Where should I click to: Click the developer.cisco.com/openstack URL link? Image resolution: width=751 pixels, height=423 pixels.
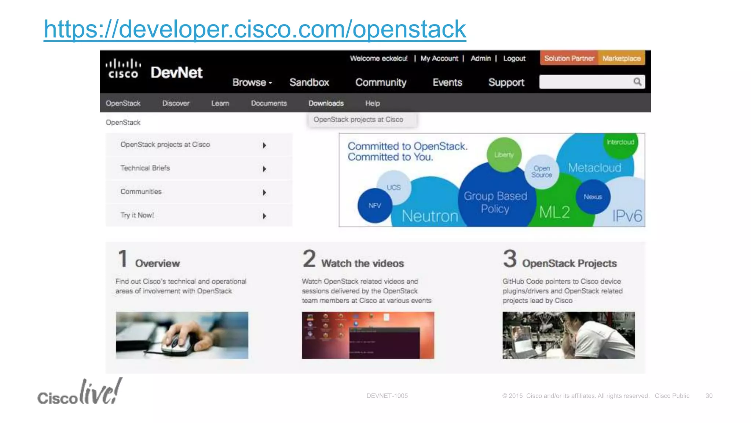tap(254, 29)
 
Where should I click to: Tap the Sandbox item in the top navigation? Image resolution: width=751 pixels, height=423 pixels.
tap(309, 82)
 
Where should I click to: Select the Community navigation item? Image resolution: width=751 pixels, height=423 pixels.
tap(381, 82)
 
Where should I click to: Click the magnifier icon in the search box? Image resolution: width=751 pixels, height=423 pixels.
tap(637, 82)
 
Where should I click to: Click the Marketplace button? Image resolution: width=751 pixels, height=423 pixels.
tap(621, 58)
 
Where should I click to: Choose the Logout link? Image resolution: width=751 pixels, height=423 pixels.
tap(514, 58)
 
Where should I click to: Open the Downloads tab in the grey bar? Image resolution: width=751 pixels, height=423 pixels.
tap(326, 103)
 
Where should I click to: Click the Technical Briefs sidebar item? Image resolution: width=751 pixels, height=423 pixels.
tap(145, 168)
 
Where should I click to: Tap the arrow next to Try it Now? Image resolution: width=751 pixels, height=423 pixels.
tap(264, 216)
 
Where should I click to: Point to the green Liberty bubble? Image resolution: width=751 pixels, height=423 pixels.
tap(504, 155)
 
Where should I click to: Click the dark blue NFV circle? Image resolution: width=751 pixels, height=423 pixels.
tap(374, 206)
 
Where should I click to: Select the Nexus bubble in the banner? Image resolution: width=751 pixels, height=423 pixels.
tap(593, 197)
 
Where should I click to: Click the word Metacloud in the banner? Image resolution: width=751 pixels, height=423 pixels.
tap(594, 168)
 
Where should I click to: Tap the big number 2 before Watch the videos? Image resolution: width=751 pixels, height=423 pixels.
tap(309, 258)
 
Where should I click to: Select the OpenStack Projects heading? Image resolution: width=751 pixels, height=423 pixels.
tap(569, 263)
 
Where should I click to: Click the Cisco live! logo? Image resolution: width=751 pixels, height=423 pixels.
tap(80, 393)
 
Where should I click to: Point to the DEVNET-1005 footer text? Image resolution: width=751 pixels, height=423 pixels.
tap(387, 396)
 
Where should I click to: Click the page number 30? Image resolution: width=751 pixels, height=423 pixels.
tap(709, 396)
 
